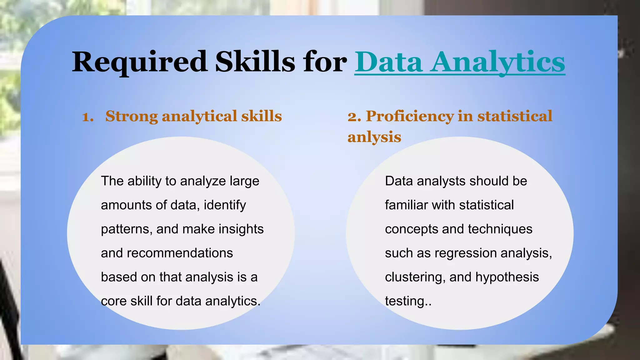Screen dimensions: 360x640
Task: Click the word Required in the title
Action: [x=139, y=62]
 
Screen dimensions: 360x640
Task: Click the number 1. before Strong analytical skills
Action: [x=88, y=117]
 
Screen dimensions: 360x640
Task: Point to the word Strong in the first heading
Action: [x=132, y=116]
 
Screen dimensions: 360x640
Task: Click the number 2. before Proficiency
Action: [x=354, y=116]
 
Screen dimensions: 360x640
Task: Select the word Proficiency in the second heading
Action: [x=410, y=116]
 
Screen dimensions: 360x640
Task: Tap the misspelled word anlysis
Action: [x=374, y=137]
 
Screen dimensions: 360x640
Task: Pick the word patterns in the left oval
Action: [x=127, y=229]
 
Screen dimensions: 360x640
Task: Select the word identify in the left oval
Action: [x=225, y=205]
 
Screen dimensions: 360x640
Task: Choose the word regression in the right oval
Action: [x=464, y=253]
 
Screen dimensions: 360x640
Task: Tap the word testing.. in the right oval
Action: [x=408, y=301]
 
